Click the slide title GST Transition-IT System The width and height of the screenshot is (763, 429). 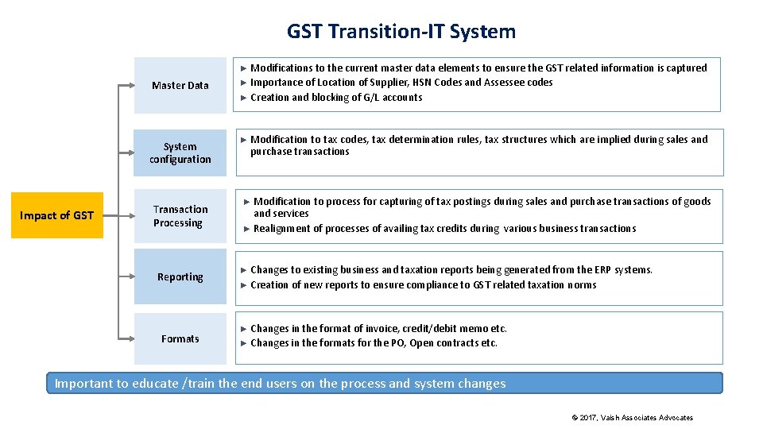[x=401, y=31]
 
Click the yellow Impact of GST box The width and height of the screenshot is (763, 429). [x=56, y=215]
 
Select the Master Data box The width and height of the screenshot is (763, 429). [x=180, y=85]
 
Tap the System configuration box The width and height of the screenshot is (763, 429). [x=180, y=153]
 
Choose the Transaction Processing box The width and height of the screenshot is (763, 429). [x=180, y=216]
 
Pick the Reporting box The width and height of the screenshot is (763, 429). [x=180, y=277]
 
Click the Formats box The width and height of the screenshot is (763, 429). [x=180, y=338]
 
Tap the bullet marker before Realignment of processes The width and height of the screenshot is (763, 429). [x=247, y=229]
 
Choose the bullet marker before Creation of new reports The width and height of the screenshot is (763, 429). [x=244, y=285]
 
